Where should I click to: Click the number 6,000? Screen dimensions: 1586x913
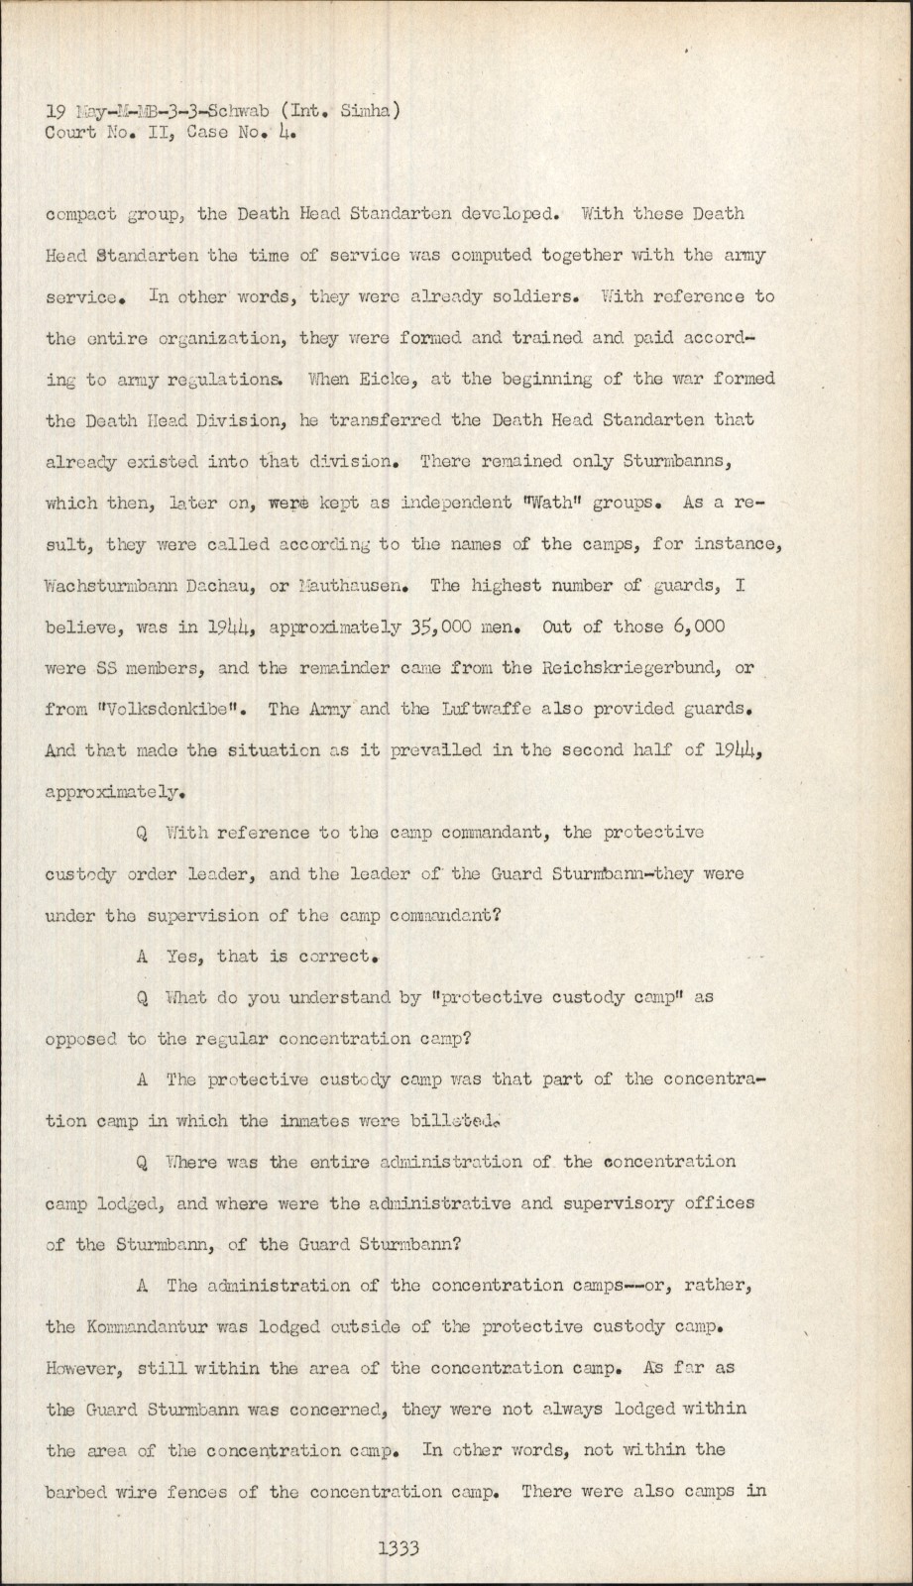pyautogui.click(x=696, y=626)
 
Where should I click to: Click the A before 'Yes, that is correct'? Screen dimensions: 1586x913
pyautogui.click(x=142, y=958)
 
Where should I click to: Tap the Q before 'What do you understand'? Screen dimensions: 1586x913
pyautogui.click(x=142, y=998)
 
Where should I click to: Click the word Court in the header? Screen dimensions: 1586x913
pyautogui.click(x=69, y=130)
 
